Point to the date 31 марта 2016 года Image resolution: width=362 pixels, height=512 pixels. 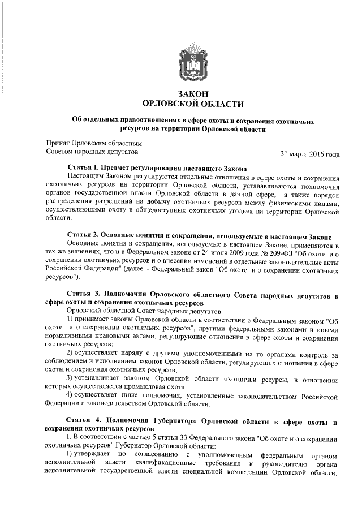(310, 153)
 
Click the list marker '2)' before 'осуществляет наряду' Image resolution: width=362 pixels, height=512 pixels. (70, 354)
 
